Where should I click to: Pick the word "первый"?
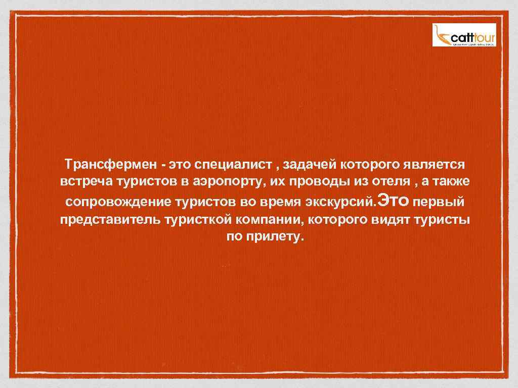click(x=439, y=203)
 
